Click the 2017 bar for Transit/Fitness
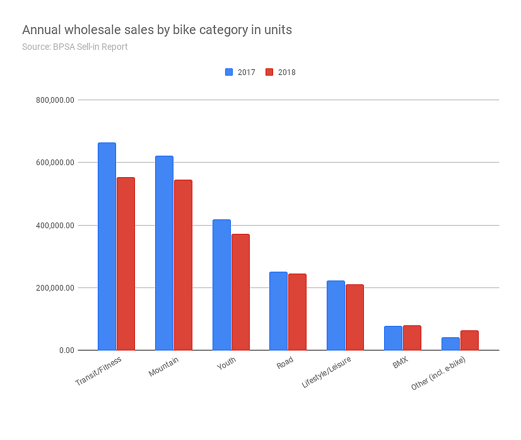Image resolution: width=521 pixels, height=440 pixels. (x=107, y=246)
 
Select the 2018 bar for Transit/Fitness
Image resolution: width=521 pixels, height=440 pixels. (x=126, y=263)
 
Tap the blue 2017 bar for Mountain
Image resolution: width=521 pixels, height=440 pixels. (x=164, y=253)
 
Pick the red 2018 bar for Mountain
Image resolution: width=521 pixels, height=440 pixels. (x=183, y=265)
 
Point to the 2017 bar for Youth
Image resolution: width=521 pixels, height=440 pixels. (x=221, y=285)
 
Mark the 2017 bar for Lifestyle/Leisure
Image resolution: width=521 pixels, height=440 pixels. (x=336, y=315)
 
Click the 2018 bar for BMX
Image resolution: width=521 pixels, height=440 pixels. (x=411, y=338)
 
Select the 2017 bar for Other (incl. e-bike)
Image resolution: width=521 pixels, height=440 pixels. (x=450, y=344)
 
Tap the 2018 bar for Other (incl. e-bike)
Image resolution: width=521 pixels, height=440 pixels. (x=469, y=340)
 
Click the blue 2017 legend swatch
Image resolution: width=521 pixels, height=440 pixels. (x=229, y=72)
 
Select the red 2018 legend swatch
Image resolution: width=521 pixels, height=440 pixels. (x=269, y=72)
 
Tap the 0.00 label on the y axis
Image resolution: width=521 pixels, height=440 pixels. (x=66, y=350)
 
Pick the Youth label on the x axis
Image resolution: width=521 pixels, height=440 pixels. (x=226, y=366)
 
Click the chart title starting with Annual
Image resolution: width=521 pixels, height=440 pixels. (x=156, y=30)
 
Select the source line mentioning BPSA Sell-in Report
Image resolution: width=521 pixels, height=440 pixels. (x=74, y=47)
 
